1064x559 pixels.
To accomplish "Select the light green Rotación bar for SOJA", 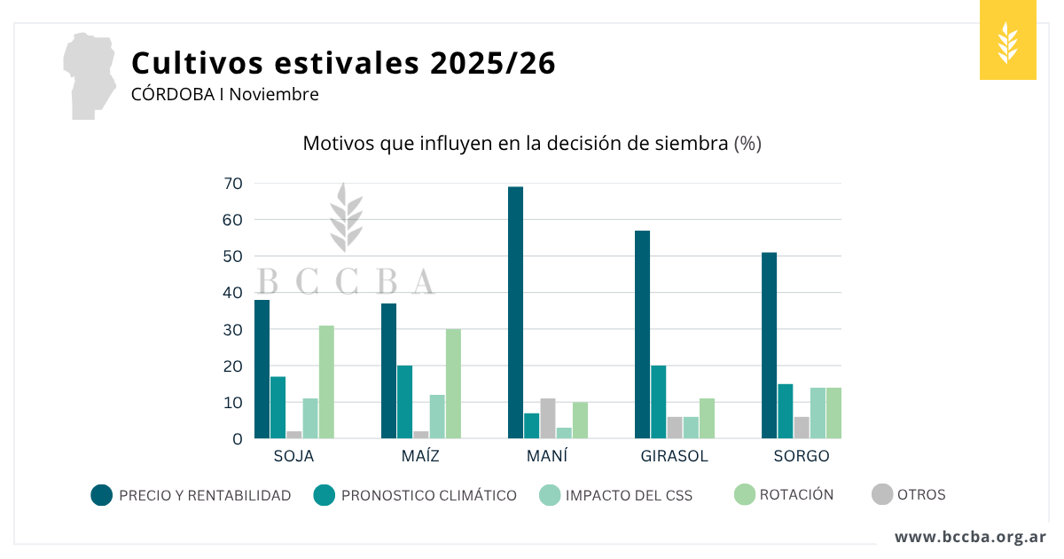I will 326,382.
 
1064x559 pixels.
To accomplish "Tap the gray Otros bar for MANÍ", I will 547,419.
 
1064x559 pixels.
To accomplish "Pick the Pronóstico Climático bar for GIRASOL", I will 659,402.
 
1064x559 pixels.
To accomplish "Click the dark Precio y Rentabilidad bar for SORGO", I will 770,345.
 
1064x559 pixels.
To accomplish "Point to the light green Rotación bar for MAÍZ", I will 453,383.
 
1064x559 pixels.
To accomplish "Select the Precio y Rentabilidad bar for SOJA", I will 262,369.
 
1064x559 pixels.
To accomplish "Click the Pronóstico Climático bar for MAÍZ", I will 404,402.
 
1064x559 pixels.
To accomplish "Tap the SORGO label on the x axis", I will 801,456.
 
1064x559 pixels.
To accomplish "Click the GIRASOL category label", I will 675,456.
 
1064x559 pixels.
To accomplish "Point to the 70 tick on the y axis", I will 233,184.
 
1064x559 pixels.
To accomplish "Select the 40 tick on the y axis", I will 233,293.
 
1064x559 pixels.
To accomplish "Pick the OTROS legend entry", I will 908,494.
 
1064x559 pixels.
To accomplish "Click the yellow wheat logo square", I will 1007,41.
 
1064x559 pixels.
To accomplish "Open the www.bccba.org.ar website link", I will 970,537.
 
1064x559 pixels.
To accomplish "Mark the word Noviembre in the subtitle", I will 274,93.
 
